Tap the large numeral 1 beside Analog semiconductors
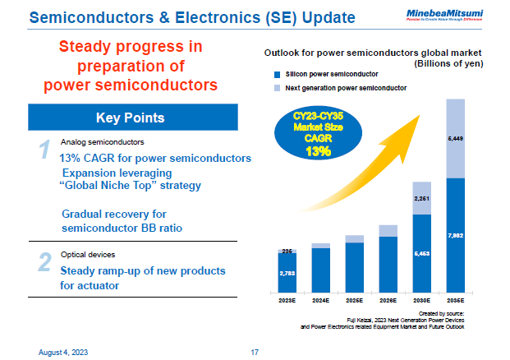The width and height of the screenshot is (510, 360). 46,150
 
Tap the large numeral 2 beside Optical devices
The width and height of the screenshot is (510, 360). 46,262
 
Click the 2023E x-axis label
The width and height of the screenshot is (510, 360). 287,301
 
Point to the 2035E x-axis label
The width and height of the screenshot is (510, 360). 457,301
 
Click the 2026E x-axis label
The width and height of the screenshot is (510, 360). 389,301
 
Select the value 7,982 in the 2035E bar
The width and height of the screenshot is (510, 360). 457,235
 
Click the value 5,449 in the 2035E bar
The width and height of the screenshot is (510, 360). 457,139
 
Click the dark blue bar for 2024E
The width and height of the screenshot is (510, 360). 321,270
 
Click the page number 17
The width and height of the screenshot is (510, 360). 255,352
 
